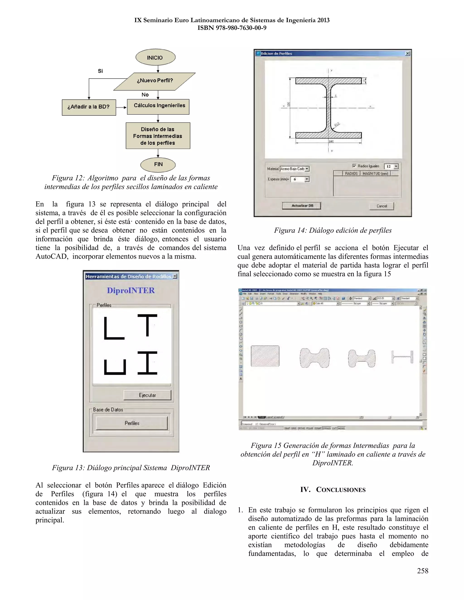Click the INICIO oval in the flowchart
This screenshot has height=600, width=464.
tap(155, 58)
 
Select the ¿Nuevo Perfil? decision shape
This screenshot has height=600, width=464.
tap(155, 81)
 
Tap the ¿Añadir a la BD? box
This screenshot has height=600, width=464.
tap(89, 107)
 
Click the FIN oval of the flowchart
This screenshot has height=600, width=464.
tap(158, 165)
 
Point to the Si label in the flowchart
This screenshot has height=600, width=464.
tap(100, 71)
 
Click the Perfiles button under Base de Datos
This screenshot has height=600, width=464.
tap(132, 423)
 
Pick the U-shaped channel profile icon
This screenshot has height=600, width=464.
tap(115, 367)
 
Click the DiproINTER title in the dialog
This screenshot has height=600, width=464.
tap(131, 290)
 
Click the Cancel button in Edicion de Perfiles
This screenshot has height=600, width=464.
tap(382, 206)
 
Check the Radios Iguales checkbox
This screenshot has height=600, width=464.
tap(354, 166)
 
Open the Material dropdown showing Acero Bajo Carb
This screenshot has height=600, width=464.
tap(307, 169)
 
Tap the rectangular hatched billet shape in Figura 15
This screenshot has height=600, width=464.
tap(265, 356)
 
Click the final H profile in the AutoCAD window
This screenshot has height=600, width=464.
tap(402, 357)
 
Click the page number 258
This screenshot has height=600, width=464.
tap(423, 571)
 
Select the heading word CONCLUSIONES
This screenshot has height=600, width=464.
tap(341, 490)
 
